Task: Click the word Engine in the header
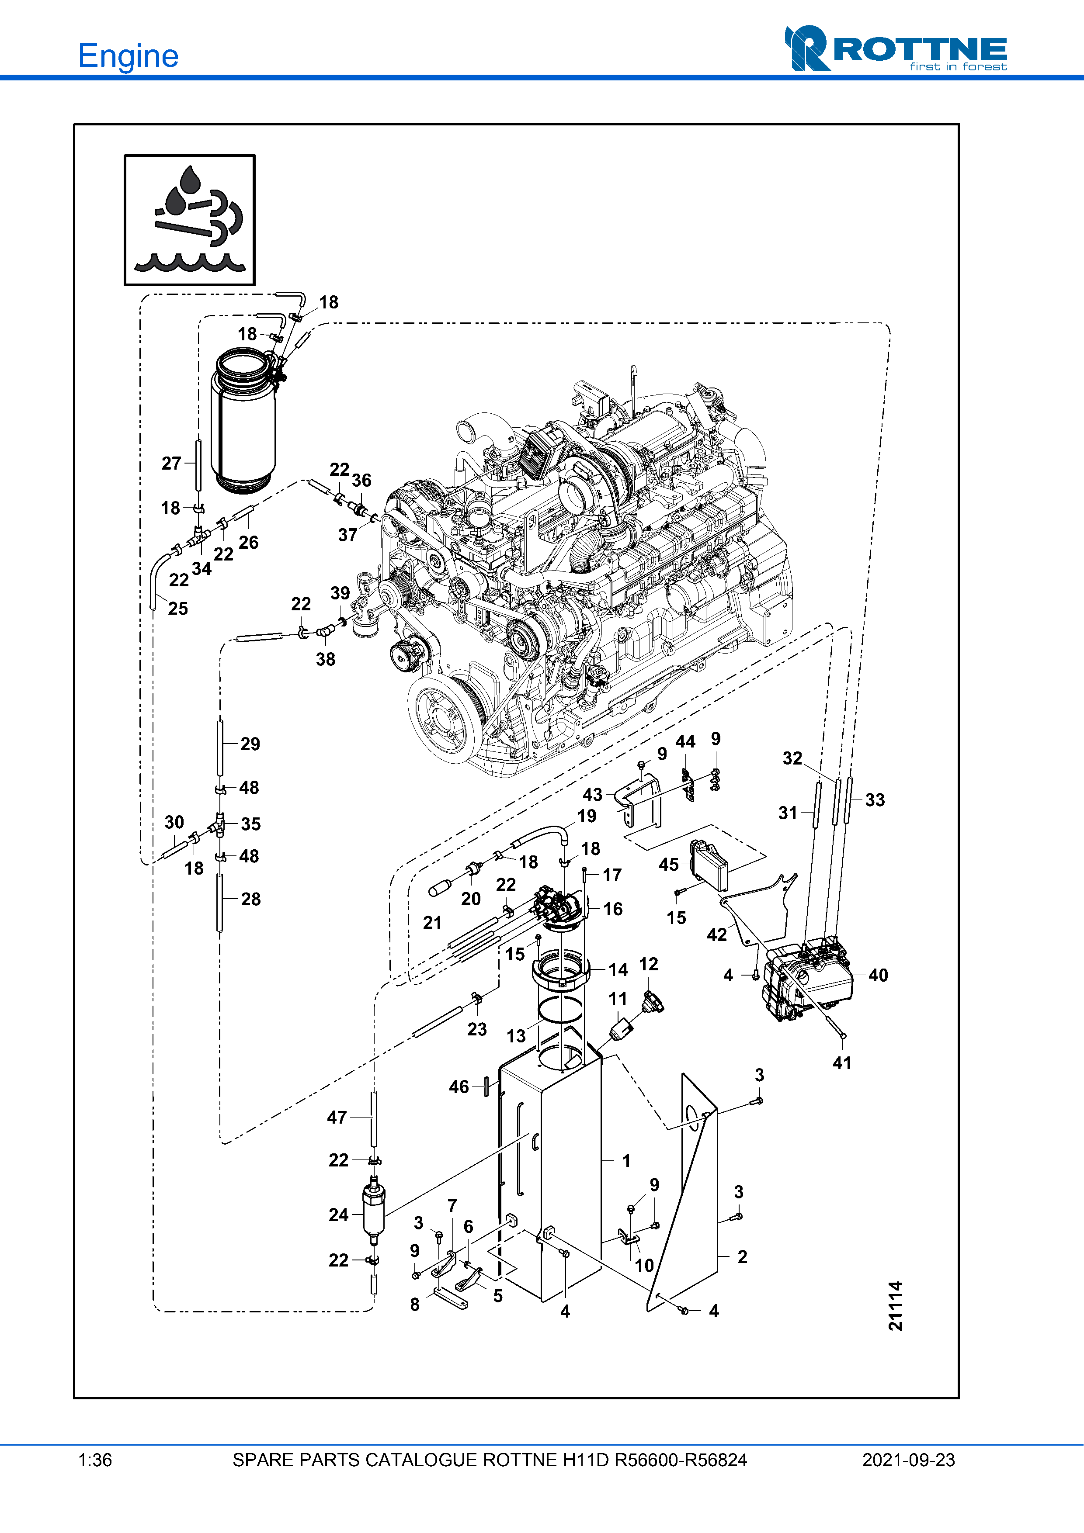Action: tap(128, 56)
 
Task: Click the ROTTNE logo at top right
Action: tap(896, 49)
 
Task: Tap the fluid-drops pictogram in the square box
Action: tap(190, 220)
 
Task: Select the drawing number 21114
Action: tap(896, 1305)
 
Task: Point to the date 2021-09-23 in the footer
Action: tap(908, 1460)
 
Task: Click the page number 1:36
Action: tap(95, 1460)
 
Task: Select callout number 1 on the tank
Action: tap(626, 1160)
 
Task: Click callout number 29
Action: tap(250, 744)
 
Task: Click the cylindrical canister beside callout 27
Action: tap(243, 421)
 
